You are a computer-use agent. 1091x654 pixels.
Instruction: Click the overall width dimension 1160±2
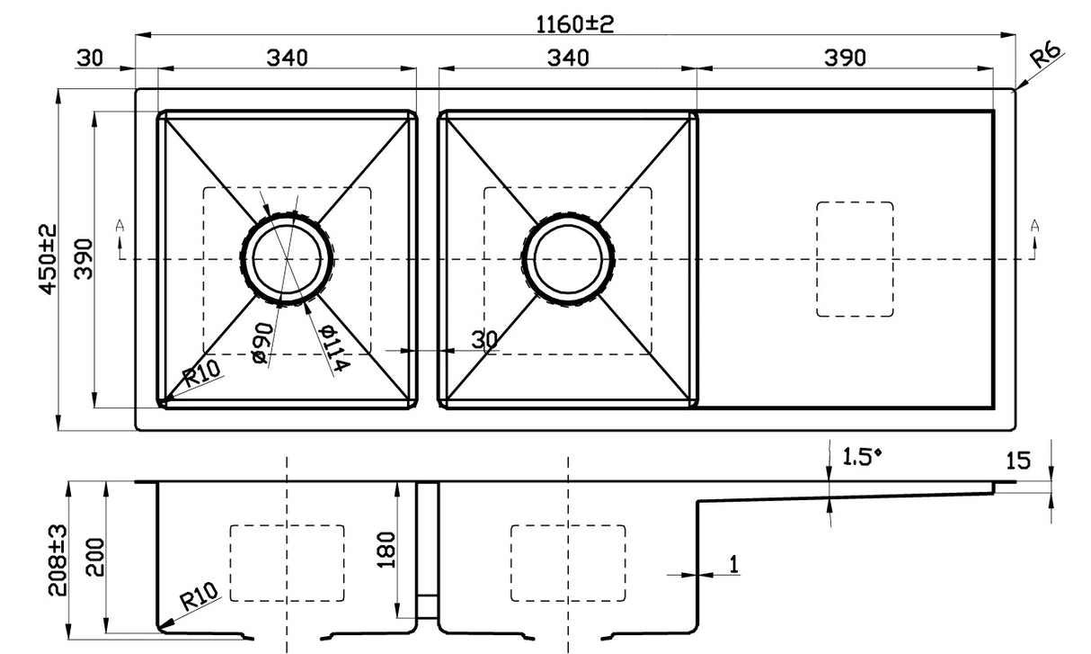click(575, 23)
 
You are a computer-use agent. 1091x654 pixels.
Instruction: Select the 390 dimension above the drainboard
click(845, 58)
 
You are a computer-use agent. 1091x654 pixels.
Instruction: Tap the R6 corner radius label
click(1046, 58)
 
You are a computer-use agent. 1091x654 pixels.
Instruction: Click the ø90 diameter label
click(261, 345)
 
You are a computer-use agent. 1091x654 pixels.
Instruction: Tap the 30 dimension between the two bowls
click(484, 339)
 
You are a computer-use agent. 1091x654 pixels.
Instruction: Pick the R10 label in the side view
click(200, 598)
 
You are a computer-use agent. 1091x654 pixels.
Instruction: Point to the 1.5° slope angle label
click(862, 457)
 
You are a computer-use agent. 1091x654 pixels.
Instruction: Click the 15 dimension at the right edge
click(1017, 461)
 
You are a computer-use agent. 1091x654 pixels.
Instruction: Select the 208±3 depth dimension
click(58, 560)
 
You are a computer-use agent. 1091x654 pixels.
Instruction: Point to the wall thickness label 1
click(734, 564)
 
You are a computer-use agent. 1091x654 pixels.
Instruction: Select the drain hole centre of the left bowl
click(287, 259)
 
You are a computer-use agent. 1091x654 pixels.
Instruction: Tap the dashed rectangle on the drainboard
click(854, 259)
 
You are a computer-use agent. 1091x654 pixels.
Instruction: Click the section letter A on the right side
click(1034, 226)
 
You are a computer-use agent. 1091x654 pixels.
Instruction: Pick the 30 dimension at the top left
click(90, 58)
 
